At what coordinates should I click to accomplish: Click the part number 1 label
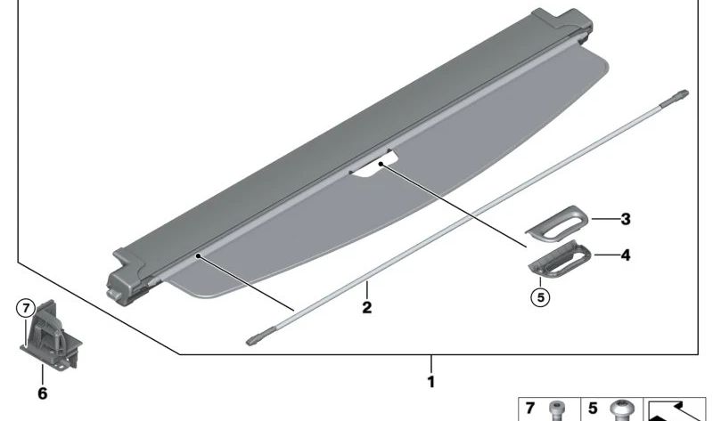[x=431, y=382]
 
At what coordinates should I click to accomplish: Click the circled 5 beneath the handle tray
[x=538, y=296]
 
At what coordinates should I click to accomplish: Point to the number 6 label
[x=42, y=393]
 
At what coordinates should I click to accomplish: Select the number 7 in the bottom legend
[x=530, y=409]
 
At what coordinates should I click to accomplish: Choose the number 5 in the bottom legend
[x=593, y=409]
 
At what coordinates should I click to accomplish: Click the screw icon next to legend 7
[x=557, y=410]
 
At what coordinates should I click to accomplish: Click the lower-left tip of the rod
[x=253, y=339]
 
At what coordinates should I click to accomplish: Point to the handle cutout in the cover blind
[x=374, y=169]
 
